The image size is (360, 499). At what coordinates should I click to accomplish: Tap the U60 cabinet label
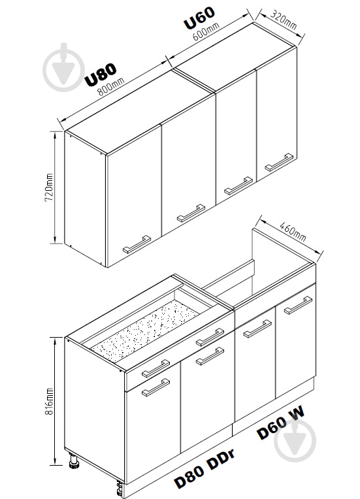pyautogui.click(x=199, y=18)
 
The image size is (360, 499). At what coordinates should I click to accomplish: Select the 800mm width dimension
pyautogui.click(x=111, y=87)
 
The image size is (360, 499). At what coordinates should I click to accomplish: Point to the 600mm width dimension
pyautogui.click(x=206, y=31)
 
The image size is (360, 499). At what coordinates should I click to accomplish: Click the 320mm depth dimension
pyautogui.click(x=284, y=20)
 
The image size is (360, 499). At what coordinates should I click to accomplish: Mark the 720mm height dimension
pyautogui.click(x=49, y=187)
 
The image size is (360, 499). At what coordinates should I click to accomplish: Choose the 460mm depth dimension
pyautogui.click(x=293, y=231)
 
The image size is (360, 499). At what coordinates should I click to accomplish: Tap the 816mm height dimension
pyautogui.click(x=49, y=401)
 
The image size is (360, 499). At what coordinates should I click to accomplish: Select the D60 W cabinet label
pyautogui.click(x=281, y=423)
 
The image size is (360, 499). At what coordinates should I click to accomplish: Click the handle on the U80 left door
pyautogui.click(x=137, y=244)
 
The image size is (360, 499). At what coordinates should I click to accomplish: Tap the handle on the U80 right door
pyautogui.click(x=191, y=213)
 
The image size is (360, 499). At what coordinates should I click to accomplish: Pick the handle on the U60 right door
pyautogui.click(x=279, y=162)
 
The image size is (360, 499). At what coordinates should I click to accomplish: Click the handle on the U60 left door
pyautogui.click(x=238, y=186)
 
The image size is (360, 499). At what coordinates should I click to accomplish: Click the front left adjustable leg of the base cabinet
pyautogui.click(x=74, y=461)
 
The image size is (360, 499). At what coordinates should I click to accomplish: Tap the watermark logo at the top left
pyautogui.click(x=63, y=67)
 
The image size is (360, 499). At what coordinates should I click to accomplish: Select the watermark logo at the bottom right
pyautogui.click(x=295, y=441)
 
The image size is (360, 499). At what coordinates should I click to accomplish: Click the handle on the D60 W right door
pyautogui.click(x=298, y=305)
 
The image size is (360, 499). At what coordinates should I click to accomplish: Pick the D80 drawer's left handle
pyautogui.click(x=156, y=368)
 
